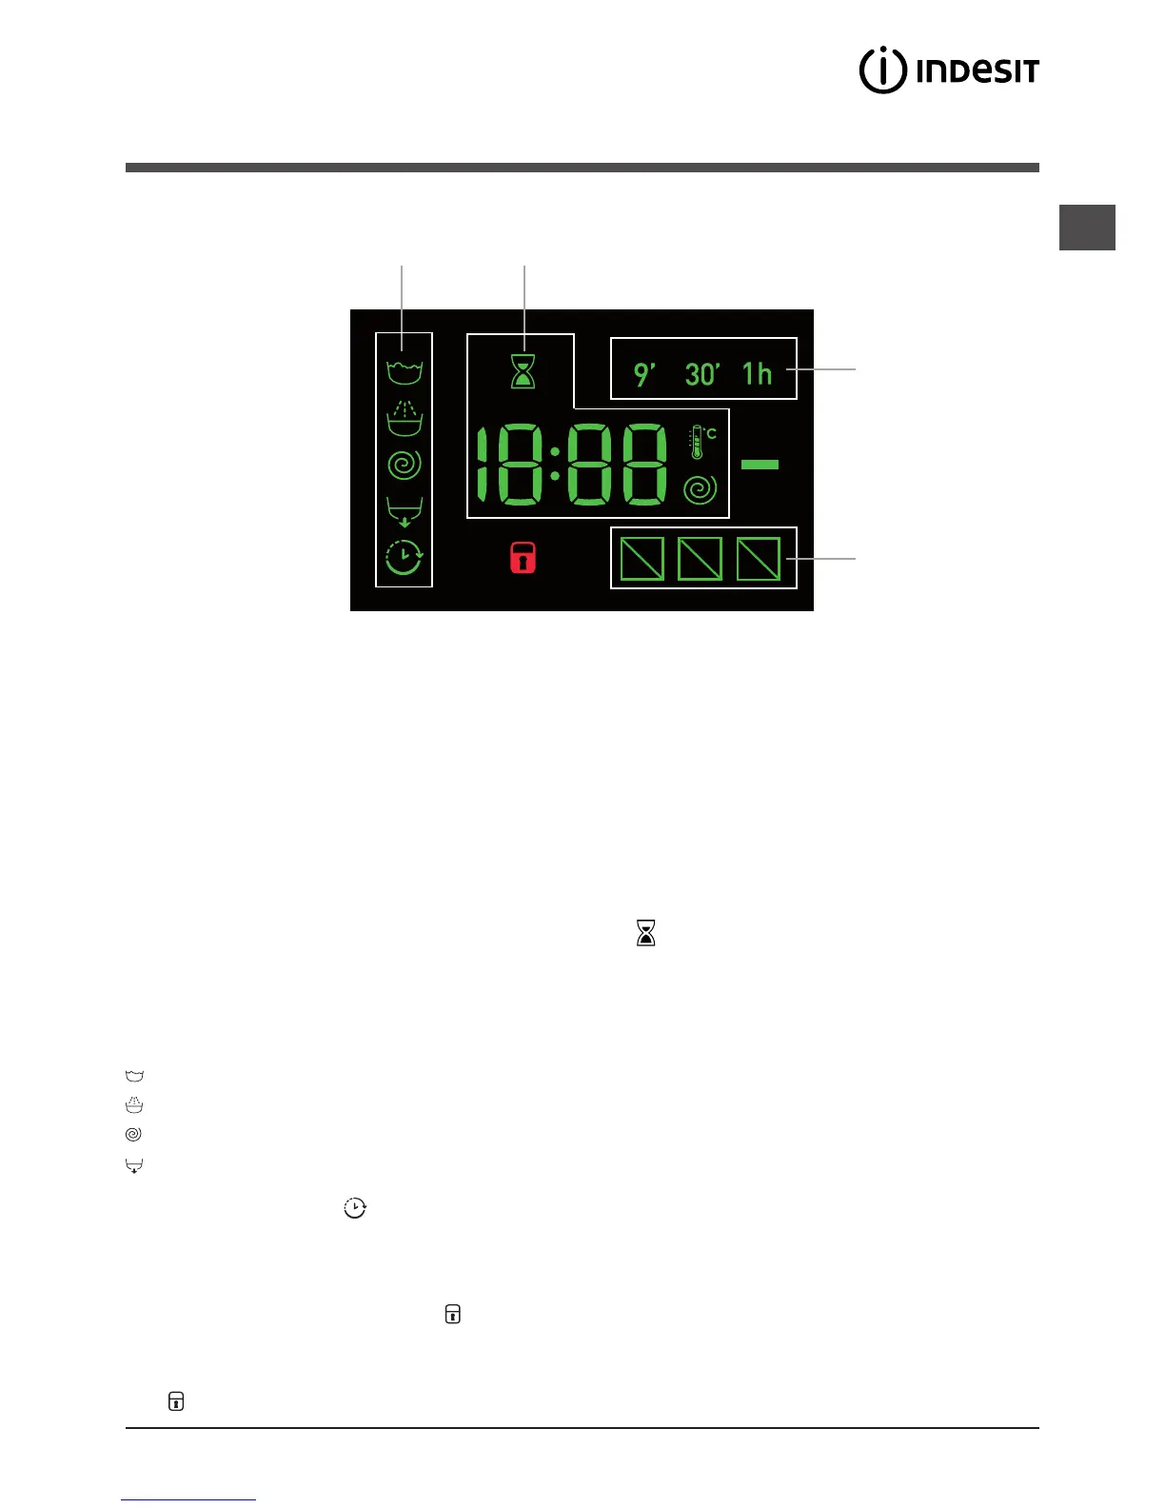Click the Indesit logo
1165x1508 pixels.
click(x=949, y=70)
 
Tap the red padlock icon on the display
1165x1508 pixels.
click(x=523, y=558)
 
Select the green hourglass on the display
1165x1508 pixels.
click(x=523, y=371)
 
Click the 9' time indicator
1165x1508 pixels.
click(x=644, y=374)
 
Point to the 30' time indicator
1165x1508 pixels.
click(x=702, y=374)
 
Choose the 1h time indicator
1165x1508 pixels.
click(x=758, y=374)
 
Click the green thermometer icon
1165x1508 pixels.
click(x=698, y=443)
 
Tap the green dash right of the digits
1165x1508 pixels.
click(x=760, y=465)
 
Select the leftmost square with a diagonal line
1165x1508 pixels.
click(x=642, y=559)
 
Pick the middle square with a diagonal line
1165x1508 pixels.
click(x=700, y=559)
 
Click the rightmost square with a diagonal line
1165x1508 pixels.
click(x=759, y=559)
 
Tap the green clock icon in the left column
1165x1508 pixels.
click(x=405, y=557)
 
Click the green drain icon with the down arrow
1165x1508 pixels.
click(x=405, y=512)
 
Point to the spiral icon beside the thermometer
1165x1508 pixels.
click(x=700, y=489)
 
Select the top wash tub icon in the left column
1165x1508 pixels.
click(x=405, y=371)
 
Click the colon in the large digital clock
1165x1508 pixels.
click(x=554, y=464)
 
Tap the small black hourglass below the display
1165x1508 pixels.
click(x=646, y=933)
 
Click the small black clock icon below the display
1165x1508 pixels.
click(x=355, y=1207)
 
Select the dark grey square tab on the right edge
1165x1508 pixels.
click(x=1087, y=228)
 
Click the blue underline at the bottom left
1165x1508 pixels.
click(x=188, y=1499)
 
